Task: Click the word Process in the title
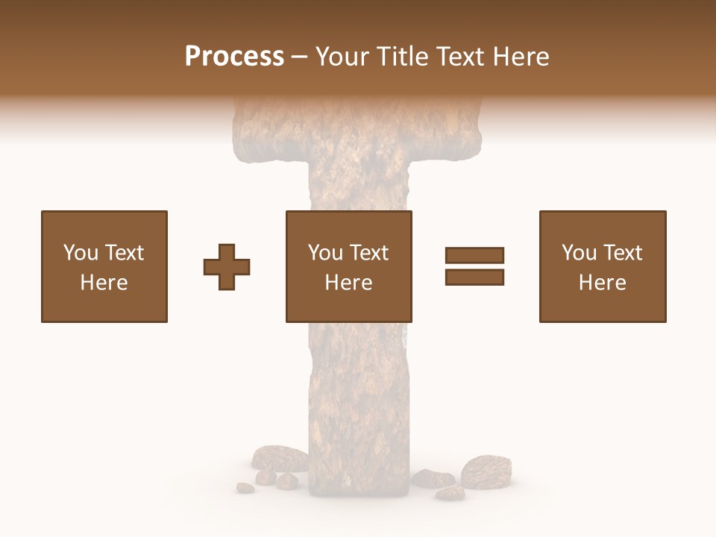pos(234,56)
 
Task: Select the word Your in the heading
pos(344,56)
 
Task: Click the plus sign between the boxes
pos(227,266)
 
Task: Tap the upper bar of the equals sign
pos(474,256)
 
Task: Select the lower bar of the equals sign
pos(474,277)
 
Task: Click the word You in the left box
pos(81,252)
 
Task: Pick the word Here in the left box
pos(104,282)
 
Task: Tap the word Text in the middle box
pos(369,252)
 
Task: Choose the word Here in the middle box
pos(348,282)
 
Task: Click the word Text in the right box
pos(623,252)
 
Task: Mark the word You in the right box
pos(579,252)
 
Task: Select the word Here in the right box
pos(602,282)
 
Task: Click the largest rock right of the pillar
pos(486,471)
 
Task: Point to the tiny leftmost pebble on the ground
pos(245,488)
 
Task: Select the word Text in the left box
pos(125,252)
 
